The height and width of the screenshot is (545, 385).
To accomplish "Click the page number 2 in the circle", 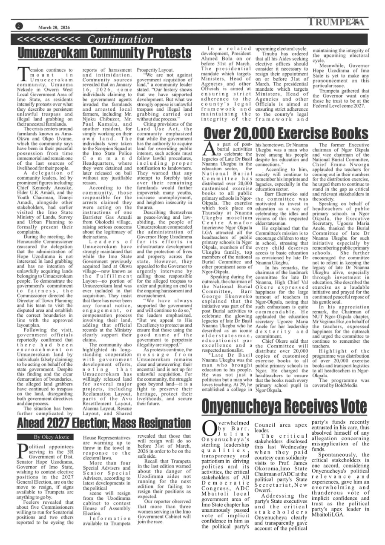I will pyautogui.click(x=19, y=26).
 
